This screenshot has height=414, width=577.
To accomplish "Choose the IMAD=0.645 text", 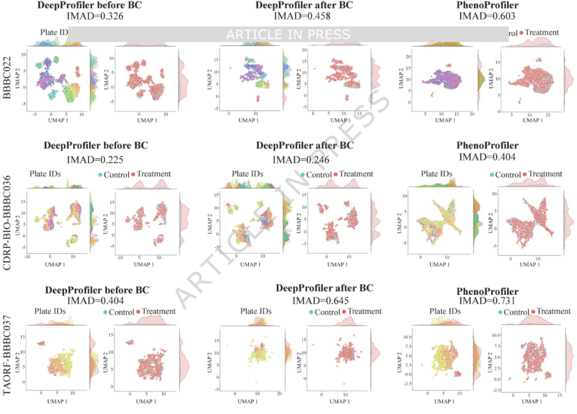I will click(x=324, y=301).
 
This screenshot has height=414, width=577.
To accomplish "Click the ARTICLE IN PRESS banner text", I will click(x=288, y=35).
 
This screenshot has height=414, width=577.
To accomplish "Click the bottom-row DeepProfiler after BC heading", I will click(x=324, y=288).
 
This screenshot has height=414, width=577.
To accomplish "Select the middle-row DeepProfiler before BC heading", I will click(x=96, y=145).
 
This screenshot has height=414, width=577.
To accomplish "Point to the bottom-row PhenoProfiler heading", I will click(x=487, y=292).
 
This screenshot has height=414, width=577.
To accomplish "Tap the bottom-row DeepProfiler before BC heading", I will click(x=97, y=290).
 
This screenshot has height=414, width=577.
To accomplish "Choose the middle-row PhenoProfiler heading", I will click(x=487, y=145).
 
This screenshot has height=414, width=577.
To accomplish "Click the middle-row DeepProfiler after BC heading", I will click(x=305, y=145).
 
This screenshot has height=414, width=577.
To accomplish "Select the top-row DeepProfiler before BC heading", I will click(x=92, y=5).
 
